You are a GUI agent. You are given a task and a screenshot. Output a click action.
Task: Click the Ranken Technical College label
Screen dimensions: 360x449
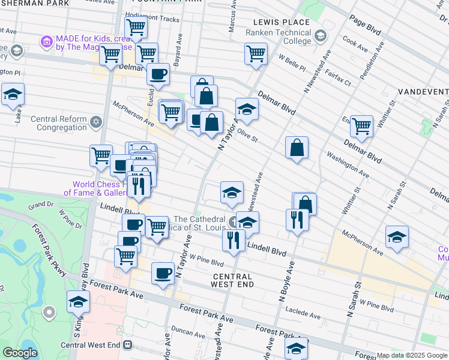(279, 37)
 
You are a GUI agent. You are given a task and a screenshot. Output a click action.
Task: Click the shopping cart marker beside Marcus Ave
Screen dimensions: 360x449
(256, 53)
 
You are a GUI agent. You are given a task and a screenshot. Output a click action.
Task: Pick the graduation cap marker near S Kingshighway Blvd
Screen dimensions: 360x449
(78, 302)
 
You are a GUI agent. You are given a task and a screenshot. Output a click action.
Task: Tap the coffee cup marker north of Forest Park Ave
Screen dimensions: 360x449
(163, 274)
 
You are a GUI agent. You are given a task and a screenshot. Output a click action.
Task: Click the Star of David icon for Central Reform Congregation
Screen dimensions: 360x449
(96, 123)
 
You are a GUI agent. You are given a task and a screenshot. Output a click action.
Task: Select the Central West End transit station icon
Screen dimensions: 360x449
(127, 345)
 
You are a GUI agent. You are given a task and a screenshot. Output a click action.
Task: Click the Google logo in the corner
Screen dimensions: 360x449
(20, 353)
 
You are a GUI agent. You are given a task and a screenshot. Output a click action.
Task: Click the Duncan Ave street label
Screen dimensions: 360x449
(188, 332)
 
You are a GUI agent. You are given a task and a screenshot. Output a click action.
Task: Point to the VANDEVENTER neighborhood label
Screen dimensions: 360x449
(423, 92)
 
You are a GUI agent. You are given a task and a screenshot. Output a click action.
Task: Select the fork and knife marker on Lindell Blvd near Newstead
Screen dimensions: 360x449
(234, 240)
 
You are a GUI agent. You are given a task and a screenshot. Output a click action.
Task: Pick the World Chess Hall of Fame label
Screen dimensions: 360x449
(96, 188)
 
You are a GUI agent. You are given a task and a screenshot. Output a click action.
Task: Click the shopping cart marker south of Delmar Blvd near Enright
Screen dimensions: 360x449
(361, 126)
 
